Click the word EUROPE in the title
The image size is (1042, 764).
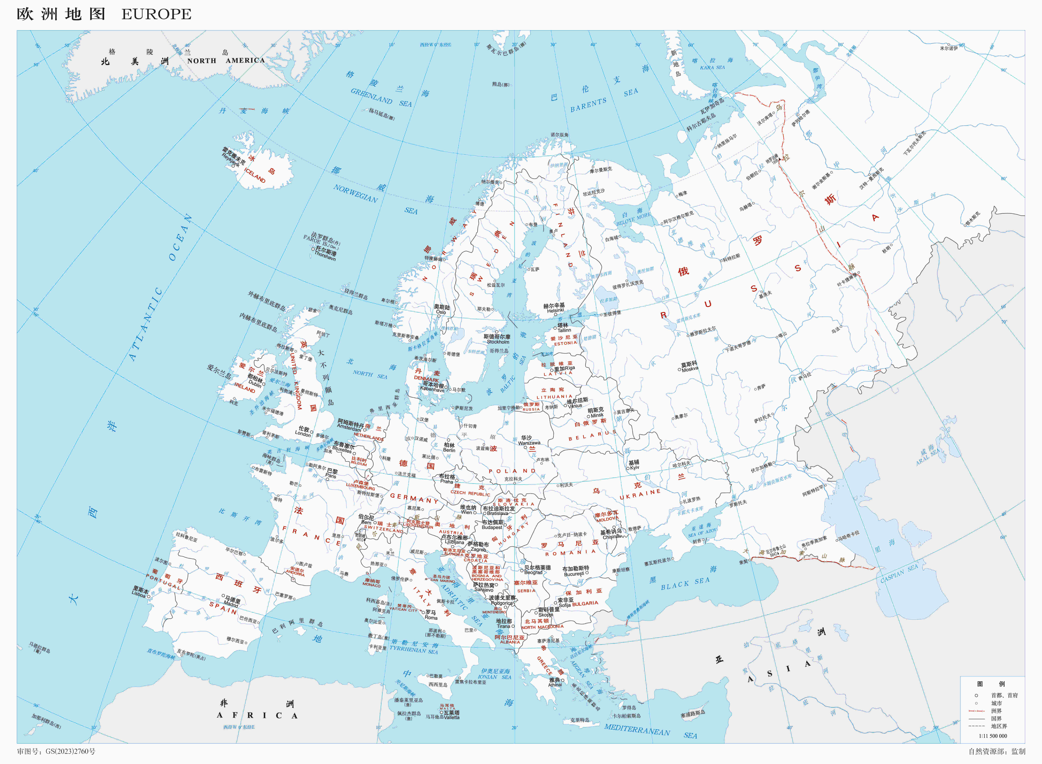156,14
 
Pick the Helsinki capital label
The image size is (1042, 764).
555,311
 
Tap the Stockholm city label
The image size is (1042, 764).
498,342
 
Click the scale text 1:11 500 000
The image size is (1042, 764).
993,736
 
